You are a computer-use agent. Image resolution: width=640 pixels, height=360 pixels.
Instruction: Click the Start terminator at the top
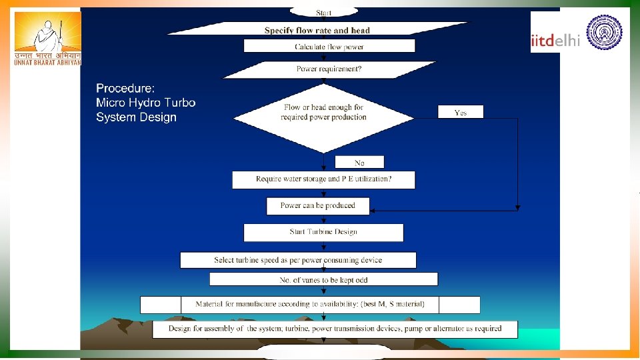point(323,12)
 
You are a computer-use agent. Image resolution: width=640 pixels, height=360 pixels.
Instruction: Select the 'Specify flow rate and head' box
point(317,29)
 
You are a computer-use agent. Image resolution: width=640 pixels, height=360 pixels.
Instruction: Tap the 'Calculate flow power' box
point(329,46)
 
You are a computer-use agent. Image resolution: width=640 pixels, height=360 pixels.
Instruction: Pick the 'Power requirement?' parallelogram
point(329,69)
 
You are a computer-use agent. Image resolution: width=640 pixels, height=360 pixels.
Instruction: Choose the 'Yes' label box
point(461,112)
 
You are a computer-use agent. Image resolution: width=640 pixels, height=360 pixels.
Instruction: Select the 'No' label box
point(359,162)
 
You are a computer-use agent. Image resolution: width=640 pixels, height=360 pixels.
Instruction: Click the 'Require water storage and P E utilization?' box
point(323,179)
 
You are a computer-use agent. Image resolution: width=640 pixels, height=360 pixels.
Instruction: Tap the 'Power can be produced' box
point(318,206)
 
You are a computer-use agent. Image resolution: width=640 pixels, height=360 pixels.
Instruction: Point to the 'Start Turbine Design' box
point(323,232)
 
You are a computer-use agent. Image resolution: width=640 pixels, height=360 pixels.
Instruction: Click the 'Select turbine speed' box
point(298,260)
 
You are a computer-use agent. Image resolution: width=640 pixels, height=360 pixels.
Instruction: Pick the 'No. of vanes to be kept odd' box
point(323,279)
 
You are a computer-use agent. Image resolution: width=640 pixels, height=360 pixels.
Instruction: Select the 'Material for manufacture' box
point(310,305)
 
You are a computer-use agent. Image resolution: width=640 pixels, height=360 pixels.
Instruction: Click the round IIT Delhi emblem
point(604,32)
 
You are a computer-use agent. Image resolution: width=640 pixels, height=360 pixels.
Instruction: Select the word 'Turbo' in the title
point(180,103)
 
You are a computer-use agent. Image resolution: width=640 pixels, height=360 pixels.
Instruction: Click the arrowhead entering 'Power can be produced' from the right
point(373,210)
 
